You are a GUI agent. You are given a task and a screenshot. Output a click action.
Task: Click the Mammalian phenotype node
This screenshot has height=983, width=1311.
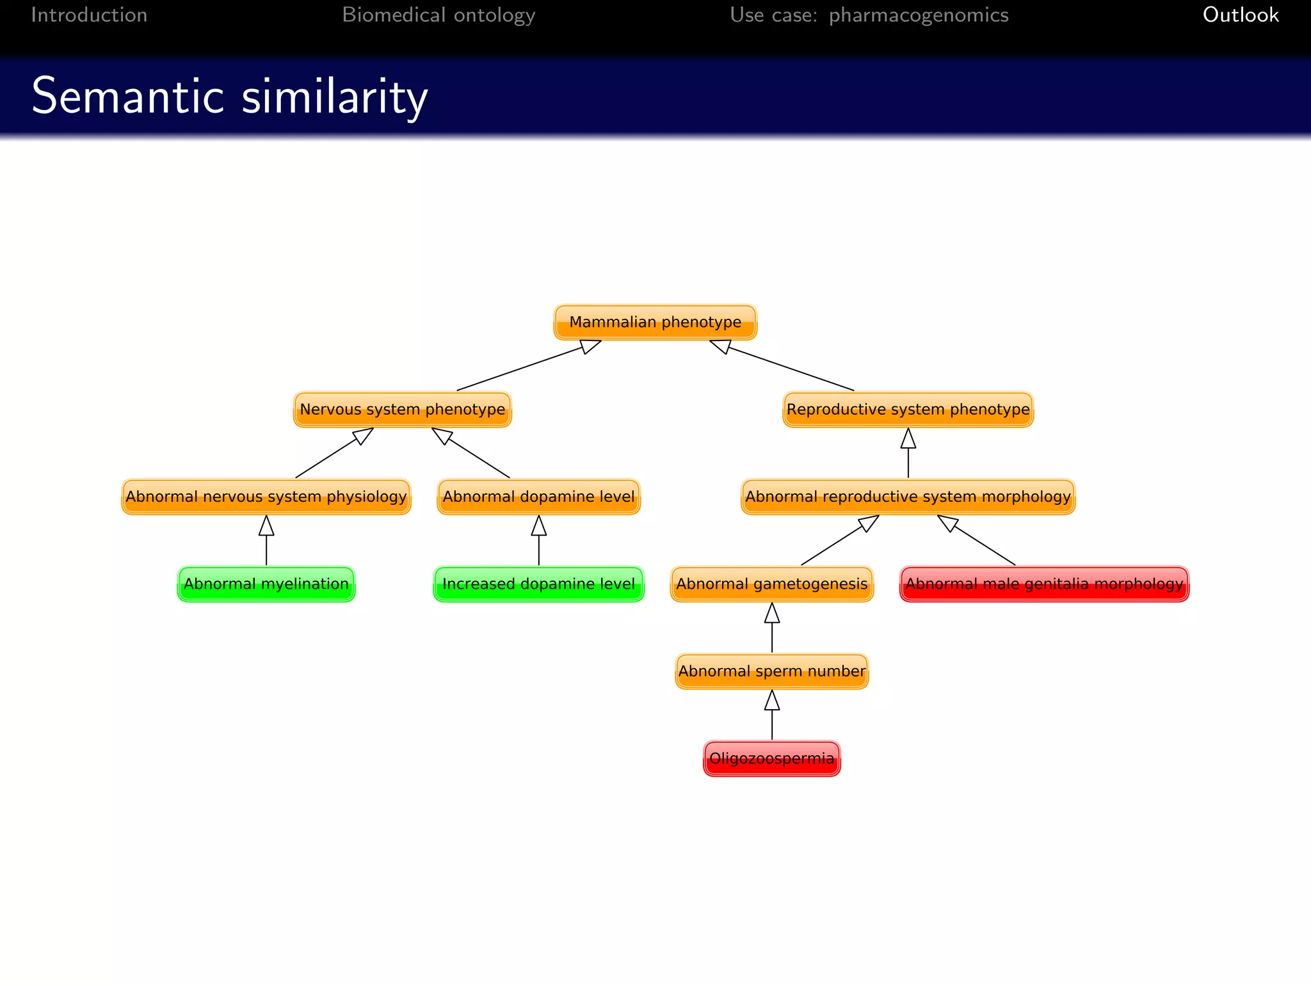tap(655, 322)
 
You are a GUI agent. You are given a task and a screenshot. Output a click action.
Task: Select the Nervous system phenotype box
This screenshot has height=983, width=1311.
tap(402, 410)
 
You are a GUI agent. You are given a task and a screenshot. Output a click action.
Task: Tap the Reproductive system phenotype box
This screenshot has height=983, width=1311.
tap(908, 410)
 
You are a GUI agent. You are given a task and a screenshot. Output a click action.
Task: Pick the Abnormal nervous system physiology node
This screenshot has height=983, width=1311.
tap(266, 497)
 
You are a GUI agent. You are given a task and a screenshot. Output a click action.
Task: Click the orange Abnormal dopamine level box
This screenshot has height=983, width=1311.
tap(538, 497)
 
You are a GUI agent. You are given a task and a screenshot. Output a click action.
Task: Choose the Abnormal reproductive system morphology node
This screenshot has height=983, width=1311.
tap(908, 497)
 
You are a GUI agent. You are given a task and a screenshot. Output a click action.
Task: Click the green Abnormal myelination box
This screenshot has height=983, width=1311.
tap(266, 584)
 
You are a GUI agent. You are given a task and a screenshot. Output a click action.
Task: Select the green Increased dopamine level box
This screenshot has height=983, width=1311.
tap(538, 584)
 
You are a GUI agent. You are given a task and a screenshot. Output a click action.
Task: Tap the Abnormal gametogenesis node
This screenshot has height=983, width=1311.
tap(771, 584)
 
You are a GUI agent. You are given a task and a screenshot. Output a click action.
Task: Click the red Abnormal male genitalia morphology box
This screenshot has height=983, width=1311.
tap(1044, 584)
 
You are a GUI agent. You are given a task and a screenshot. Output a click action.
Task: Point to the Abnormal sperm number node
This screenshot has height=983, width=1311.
tap(771, 671)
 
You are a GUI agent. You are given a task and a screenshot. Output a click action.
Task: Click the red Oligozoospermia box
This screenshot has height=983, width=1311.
tap(771, 758)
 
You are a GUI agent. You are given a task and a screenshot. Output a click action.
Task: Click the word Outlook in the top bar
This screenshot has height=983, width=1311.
tap(1240, 15)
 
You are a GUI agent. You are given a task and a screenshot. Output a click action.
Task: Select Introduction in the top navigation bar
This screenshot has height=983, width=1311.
tap(89, 15)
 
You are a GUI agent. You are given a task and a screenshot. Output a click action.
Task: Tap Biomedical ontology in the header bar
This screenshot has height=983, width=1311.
tap(438, 15)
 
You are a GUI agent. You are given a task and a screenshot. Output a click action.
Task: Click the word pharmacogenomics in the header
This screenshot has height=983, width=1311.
tap(918, 15)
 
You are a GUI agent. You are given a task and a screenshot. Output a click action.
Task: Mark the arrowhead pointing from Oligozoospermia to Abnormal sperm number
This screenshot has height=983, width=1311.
tap(772, 700)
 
